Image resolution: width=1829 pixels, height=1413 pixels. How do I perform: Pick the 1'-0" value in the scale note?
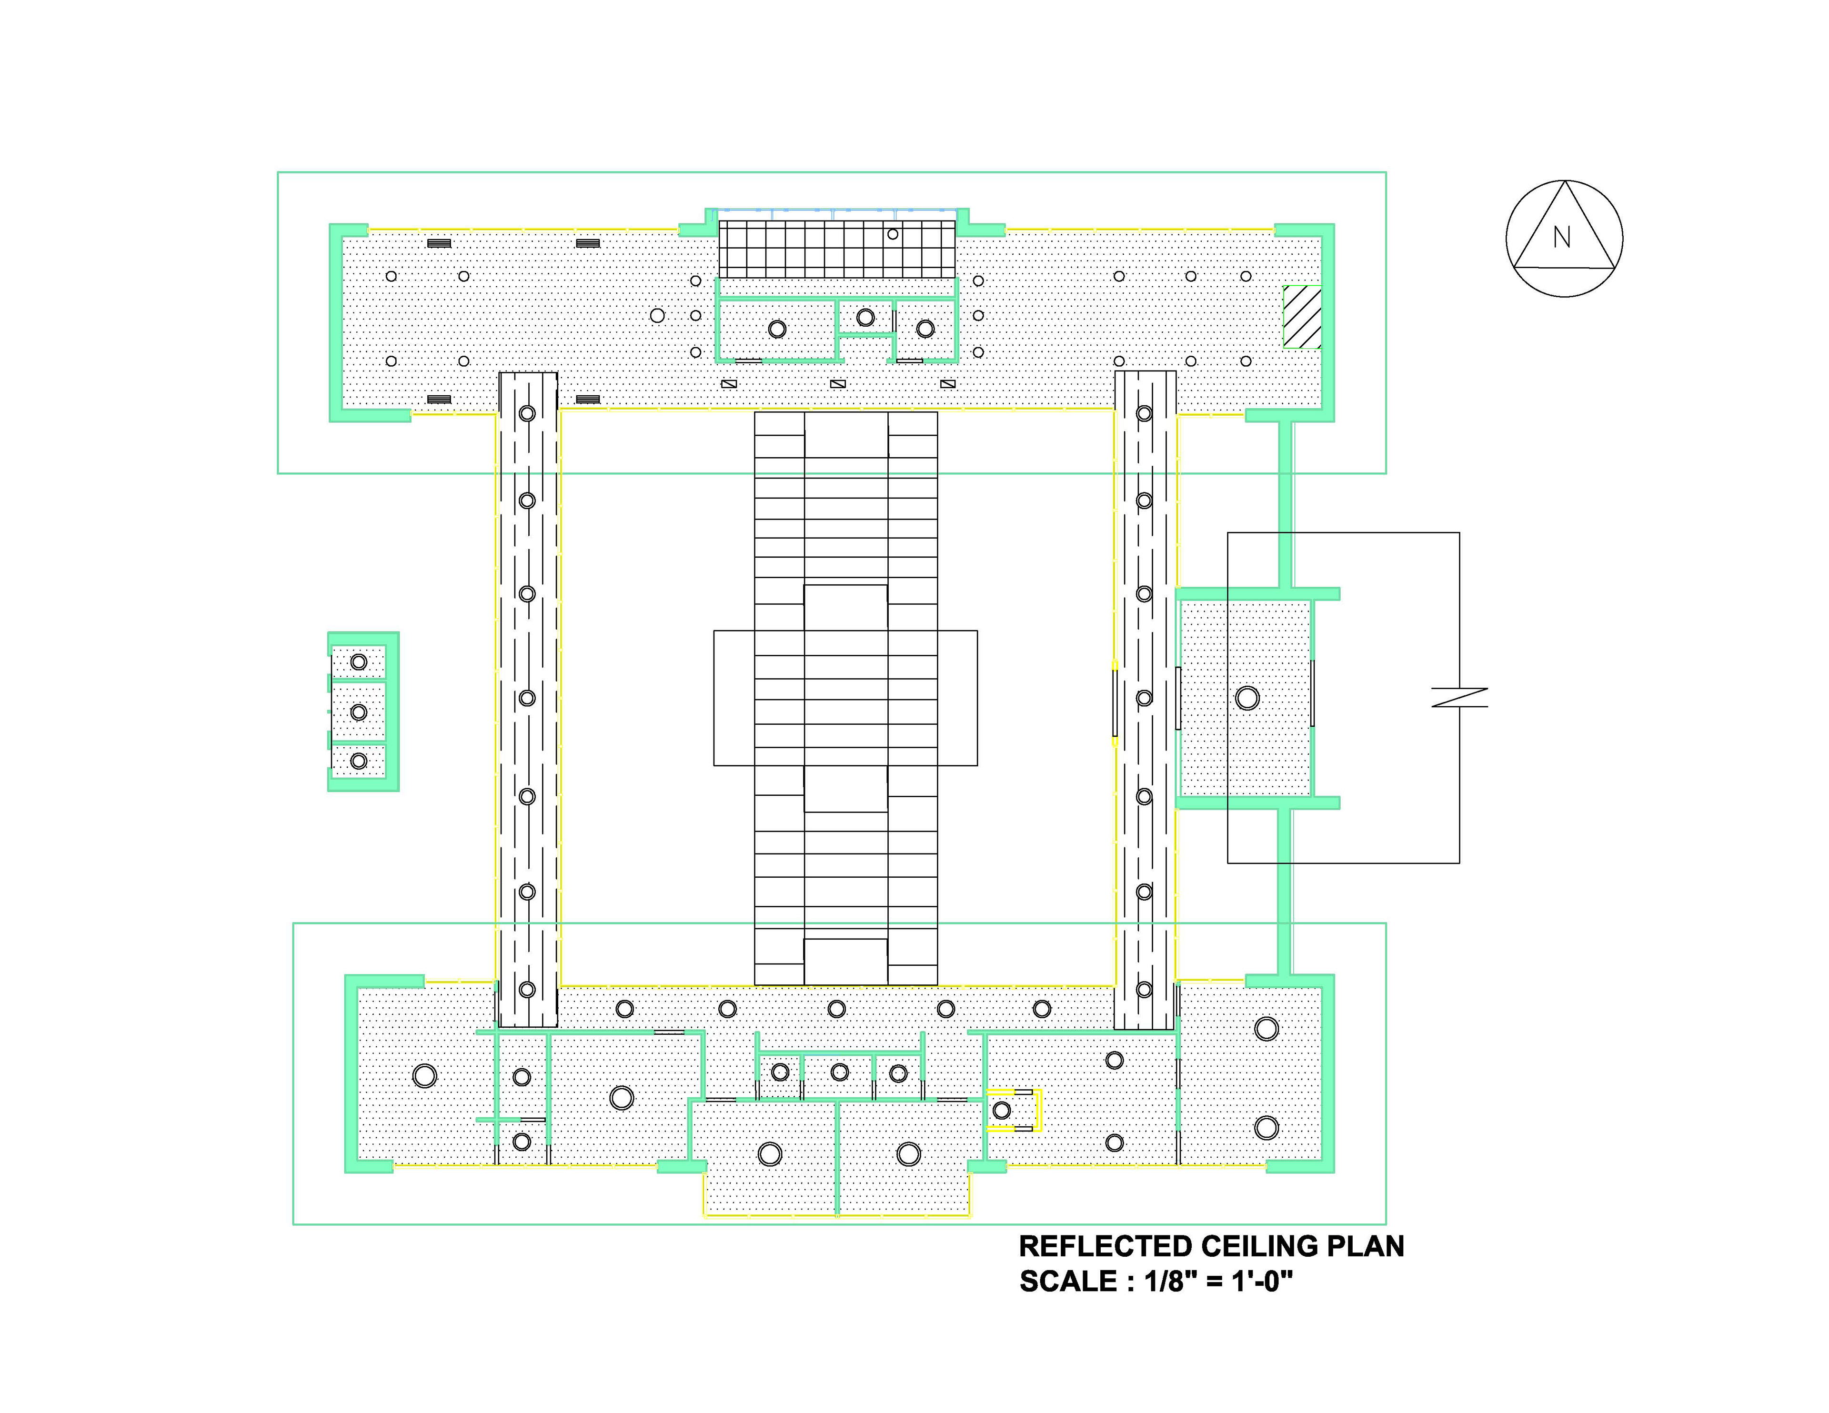pyautogui.click(x=1262, y=1282)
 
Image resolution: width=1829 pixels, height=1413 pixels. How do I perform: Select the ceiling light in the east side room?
pyautogui.click(x=1247, y=698)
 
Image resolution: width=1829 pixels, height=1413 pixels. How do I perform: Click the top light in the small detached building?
pyautogui.click(x=359, y=661)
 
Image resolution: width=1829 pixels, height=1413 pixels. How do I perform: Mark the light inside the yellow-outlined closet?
pyautogui.click(x=1002, y=1111)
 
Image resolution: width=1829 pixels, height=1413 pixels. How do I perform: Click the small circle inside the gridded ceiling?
pyautogui.click(x=893, y=234)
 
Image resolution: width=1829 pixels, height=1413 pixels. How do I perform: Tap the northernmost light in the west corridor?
pyautogui.click(x=527, y=413)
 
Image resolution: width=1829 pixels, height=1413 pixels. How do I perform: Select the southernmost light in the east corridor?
pyautogui.click(x=1144, y=989)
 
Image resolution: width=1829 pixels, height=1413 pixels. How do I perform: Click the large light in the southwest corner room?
pyautogui.click(x=424, y=1075)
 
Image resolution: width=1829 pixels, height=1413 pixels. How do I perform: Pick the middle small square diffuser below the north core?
pyautogui.click(x=837, y=384)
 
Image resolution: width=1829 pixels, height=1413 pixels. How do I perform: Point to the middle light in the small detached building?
pyautogui.click(x=359, y=712)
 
